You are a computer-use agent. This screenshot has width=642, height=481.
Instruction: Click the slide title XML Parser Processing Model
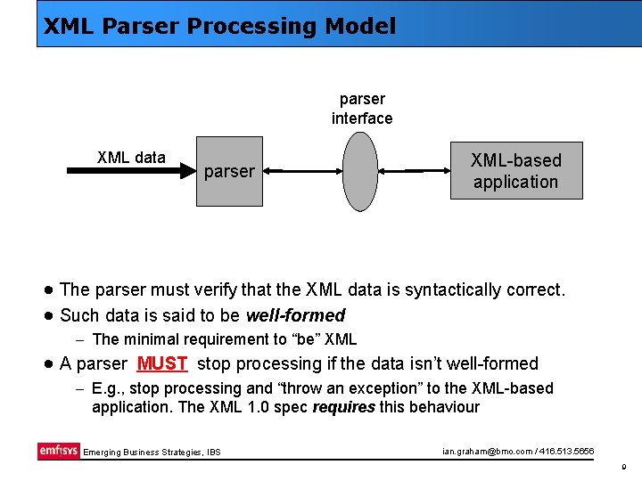coord(219,27)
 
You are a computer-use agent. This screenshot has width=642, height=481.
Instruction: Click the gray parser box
coord(229,171)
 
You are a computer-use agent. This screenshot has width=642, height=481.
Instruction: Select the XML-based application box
coord(515,170)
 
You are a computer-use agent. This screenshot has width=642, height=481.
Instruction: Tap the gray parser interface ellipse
coord(361,171)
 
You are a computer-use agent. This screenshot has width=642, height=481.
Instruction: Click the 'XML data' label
coord(131,158)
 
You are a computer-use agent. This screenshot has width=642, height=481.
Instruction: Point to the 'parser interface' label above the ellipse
coord(362,109)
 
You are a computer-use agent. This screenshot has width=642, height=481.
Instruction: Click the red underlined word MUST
coord(162,363)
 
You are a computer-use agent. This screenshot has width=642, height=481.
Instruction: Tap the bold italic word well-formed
coord(295,315)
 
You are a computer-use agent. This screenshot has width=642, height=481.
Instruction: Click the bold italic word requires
coord(344,407)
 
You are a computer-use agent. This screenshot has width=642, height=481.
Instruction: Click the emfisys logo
coord(58,451)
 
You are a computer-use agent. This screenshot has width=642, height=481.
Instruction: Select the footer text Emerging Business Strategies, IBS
coord(152,452)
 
